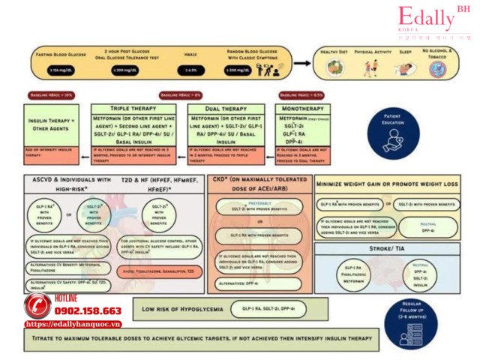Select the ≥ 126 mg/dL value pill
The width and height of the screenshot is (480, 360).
(60, 70)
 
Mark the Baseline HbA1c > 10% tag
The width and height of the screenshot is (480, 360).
(51, 96)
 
